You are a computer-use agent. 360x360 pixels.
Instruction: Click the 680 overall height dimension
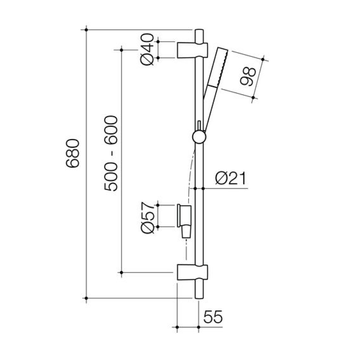click(x=72, y=153)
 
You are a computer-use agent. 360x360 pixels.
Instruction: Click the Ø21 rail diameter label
click(x=230, y=179)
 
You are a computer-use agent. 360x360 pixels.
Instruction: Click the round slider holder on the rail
click(x=199, y=137)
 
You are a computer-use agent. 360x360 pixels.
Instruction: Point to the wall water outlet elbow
click(x=184, y=220)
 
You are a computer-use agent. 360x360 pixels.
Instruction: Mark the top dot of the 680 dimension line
click(x=86, y=30)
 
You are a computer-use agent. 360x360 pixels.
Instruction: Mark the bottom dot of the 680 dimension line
click(x=86, y=298)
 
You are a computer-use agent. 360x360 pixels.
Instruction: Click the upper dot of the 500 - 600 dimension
click(x=122, y=50)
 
